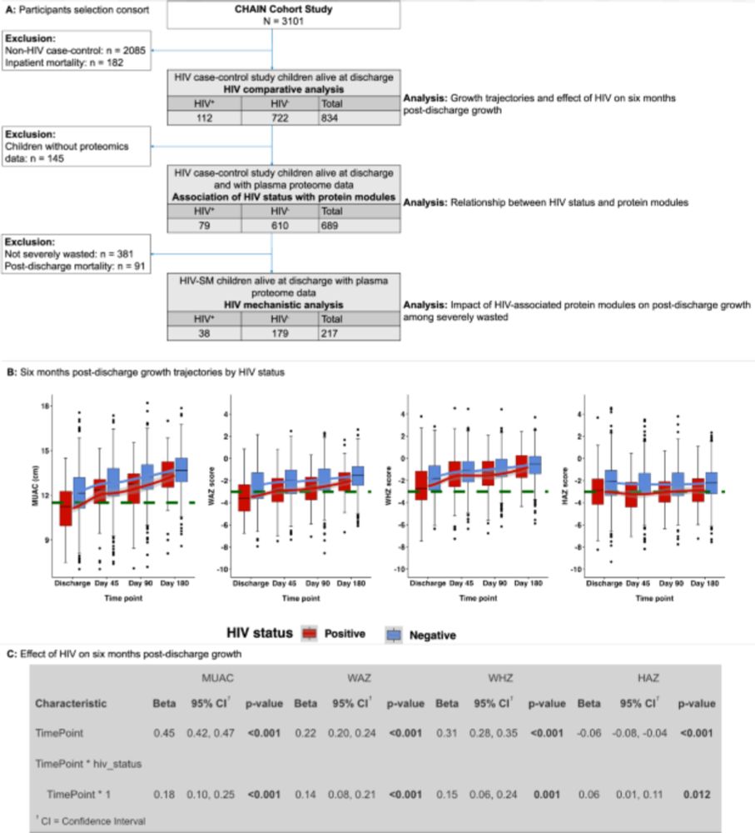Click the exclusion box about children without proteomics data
(x=75, y=145)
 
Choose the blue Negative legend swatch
(x=394, y=633)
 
